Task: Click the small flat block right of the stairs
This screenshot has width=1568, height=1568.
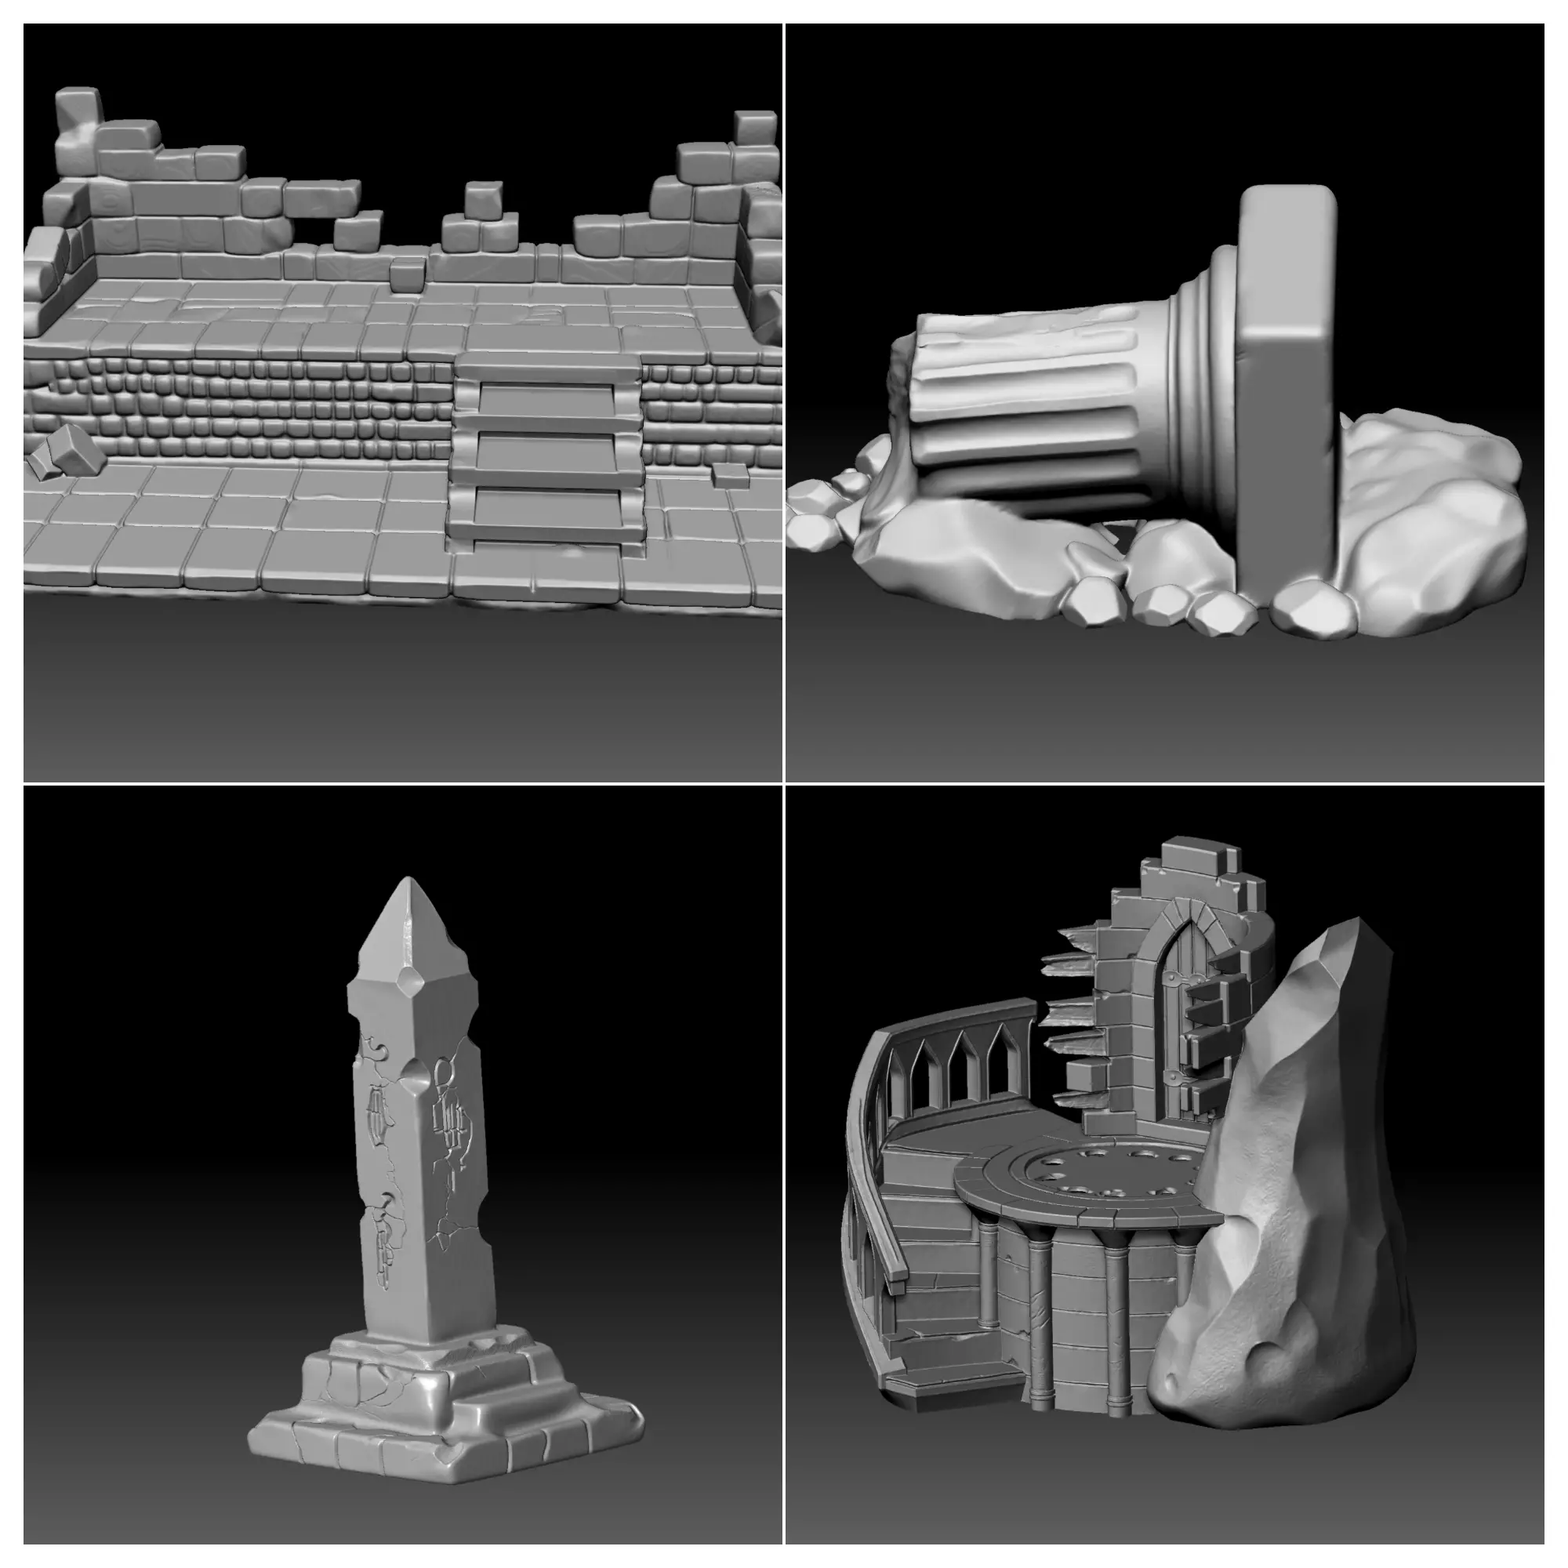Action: click(731, 474)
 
